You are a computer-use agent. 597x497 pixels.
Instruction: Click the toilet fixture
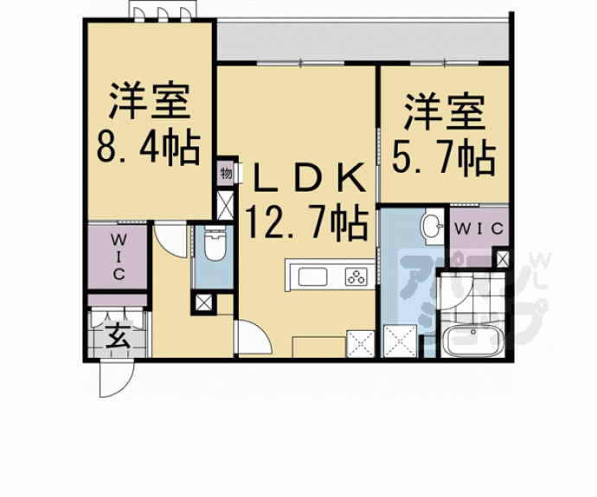[x=215, y=244]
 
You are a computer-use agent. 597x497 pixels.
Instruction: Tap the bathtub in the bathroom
[x=473, y=341]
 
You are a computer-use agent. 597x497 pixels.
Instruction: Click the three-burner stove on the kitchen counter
[x=356, y=277]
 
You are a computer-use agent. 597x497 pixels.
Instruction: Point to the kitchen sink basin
[x=312, y=277]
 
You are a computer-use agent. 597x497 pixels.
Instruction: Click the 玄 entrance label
[x=118, y=335]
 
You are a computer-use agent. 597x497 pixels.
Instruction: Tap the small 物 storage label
[x=226, y=175]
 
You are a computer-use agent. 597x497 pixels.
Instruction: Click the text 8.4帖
[x=149, y=149]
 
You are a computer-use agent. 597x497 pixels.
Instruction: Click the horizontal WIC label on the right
[x=479, y=228]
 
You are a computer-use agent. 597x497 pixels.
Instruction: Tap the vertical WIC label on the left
[x=119, y=257]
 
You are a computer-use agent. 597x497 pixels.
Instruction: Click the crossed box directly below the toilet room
[x=203, y=303]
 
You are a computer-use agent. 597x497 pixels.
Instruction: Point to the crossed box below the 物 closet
[x=225, y=205]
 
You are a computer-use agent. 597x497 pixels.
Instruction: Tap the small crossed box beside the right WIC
[x=503, y=259]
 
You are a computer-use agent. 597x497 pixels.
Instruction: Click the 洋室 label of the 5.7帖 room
[x=445, y=112]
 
